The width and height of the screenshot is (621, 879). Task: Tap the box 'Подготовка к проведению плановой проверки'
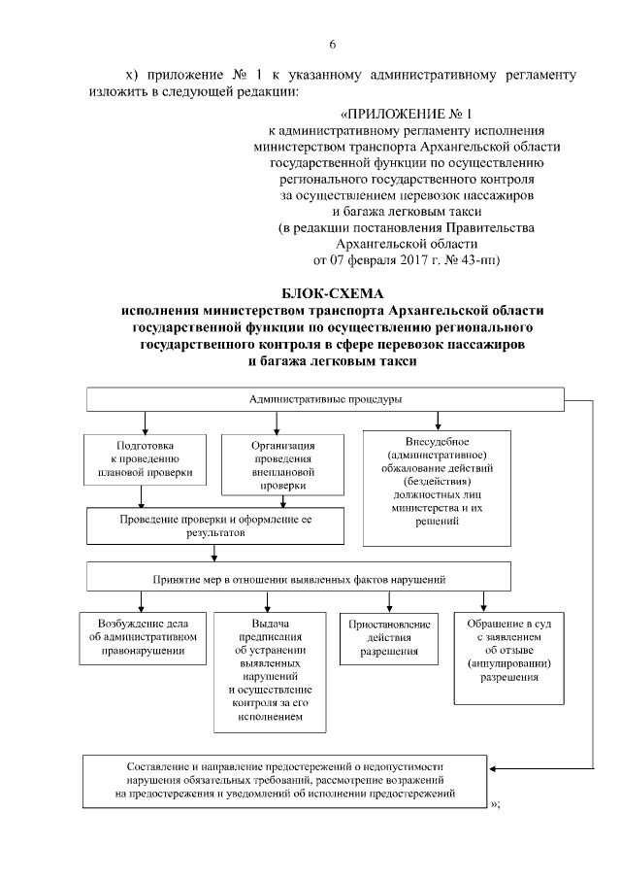pos(145,458)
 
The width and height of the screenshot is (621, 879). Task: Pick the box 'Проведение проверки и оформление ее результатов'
pos(215,525)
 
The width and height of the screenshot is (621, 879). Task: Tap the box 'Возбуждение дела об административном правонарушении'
pos(142,636)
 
